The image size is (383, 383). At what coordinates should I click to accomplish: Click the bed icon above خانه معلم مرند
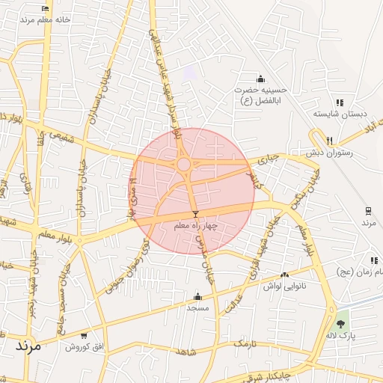(46, 9)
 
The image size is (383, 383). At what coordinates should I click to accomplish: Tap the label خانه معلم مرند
(46, 20)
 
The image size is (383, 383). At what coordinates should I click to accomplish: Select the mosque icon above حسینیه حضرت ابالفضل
(260, 79)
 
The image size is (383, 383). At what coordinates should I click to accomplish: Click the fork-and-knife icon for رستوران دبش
(329, 140)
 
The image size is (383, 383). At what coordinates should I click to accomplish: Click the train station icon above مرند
(368, 211)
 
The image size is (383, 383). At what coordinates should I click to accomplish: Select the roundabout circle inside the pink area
(183, 164)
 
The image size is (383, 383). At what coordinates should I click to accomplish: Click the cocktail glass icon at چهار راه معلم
(196, 214)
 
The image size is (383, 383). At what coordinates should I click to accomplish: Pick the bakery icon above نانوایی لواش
(284, 275)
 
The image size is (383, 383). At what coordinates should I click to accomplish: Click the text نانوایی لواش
(282, 286)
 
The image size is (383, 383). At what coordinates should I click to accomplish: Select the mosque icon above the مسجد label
(197, 296)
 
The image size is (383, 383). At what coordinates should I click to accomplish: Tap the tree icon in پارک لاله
(341, 324)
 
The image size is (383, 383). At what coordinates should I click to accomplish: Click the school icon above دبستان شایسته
(340, 102)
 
